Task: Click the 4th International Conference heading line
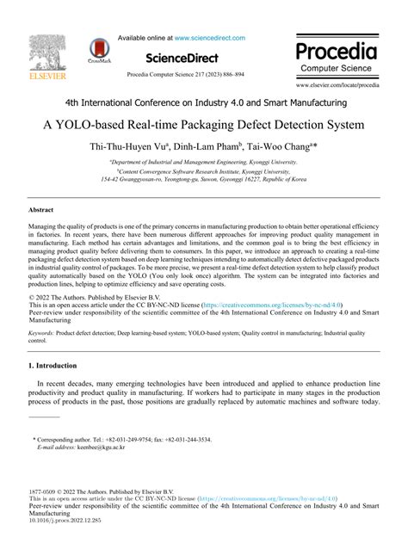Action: (203, 102)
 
